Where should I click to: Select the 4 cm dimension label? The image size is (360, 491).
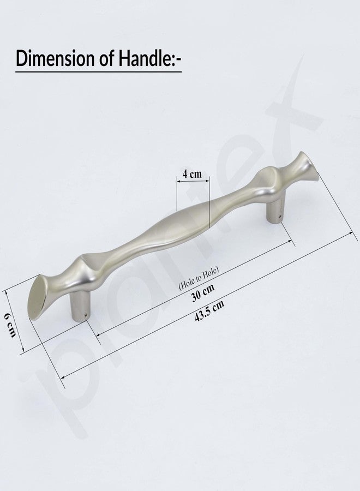192,174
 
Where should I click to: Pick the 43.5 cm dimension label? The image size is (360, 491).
209,311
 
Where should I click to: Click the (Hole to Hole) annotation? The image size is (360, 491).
199,278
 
